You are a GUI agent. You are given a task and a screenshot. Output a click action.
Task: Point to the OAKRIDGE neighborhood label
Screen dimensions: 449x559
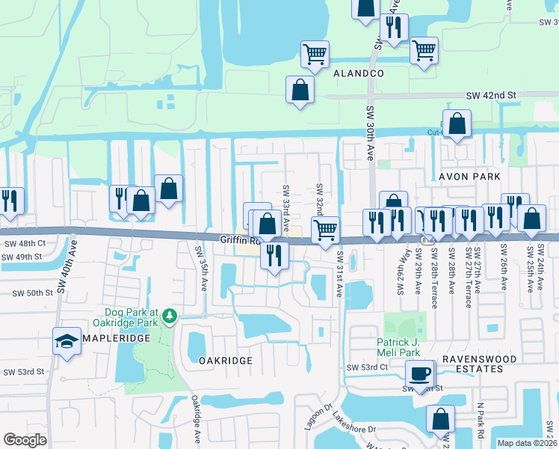click(x=226, y=360)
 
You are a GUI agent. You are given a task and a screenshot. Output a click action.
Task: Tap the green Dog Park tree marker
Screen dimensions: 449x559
click(x=170, y=317)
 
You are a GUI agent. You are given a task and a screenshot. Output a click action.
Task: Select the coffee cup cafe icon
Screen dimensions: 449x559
click(x=419, y=373)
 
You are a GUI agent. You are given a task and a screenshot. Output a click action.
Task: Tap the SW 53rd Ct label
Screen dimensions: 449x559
click(x=367, y=367)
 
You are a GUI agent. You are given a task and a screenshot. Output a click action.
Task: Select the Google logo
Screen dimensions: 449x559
click(x=25, y=440)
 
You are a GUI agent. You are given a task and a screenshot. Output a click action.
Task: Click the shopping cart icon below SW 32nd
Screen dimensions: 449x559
click(x=325, y=230)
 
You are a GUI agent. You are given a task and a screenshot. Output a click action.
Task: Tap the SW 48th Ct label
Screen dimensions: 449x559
click(x=25, y=243)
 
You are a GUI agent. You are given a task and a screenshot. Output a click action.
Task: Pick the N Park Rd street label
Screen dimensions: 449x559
click(x=481, y=421)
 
